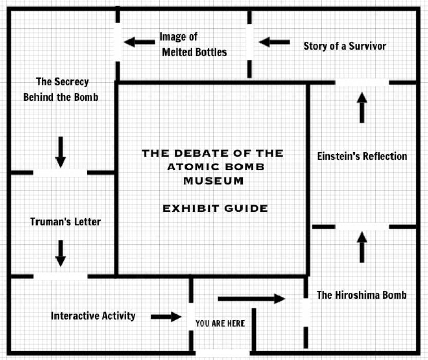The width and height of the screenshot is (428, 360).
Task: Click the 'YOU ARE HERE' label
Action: tap(220, 323)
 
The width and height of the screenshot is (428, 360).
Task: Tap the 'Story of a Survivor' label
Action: tap(345, 46)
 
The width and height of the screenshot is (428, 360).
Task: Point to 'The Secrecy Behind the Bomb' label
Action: tap(61, 89)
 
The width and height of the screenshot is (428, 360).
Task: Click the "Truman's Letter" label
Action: tap(65, 222)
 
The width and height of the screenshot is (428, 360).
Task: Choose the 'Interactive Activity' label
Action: tap(93, 316)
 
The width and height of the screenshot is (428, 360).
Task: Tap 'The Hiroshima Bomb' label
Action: tap(362, 295)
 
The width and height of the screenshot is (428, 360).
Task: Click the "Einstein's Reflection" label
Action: tap(362, 156)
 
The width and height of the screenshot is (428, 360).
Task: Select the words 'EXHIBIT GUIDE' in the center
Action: tap(215, 208)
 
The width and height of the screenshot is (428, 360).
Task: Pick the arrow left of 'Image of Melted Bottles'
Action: tap(140, 42)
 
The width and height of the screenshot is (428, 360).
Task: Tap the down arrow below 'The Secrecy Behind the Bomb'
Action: tap(61, 152)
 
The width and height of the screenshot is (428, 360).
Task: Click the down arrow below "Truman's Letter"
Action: tap(61, 254)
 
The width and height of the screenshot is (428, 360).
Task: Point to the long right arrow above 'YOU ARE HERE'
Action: tap(251, 298)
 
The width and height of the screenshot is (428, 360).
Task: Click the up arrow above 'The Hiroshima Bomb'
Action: tap(362, 247)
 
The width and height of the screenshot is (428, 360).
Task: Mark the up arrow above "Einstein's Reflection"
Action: tap(362, 107)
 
